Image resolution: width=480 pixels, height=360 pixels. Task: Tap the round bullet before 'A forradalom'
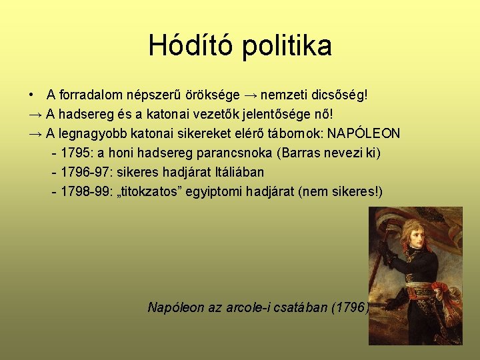click(x=32, y=95)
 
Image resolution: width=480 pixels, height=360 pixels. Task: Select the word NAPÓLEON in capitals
click(x=364, y=133)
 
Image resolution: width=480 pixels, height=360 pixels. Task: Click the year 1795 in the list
click(x=74, y=153)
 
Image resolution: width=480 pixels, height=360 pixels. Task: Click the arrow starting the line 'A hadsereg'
click(x=36, y=115)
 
